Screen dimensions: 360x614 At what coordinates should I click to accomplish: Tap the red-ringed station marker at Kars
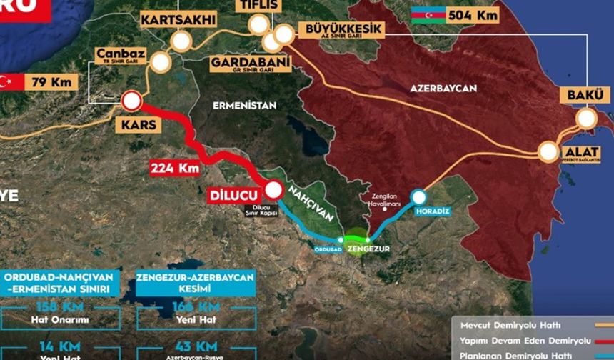click(131, 101)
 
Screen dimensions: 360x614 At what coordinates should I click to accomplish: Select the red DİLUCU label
click(234, 194)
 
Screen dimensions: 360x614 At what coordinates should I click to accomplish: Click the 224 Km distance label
click(174, 169)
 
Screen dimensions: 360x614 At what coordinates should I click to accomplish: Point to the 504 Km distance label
click(472, 15)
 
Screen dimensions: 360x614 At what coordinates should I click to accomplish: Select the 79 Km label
click(51, 81)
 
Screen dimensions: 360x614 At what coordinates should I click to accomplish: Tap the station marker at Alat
click(549, 151)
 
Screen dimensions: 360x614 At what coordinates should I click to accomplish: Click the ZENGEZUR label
click(367, 249)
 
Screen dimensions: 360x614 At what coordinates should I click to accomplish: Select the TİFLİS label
click(258, 6)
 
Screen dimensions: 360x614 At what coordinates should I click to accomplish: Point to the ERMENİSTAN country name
click(245, 105)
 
